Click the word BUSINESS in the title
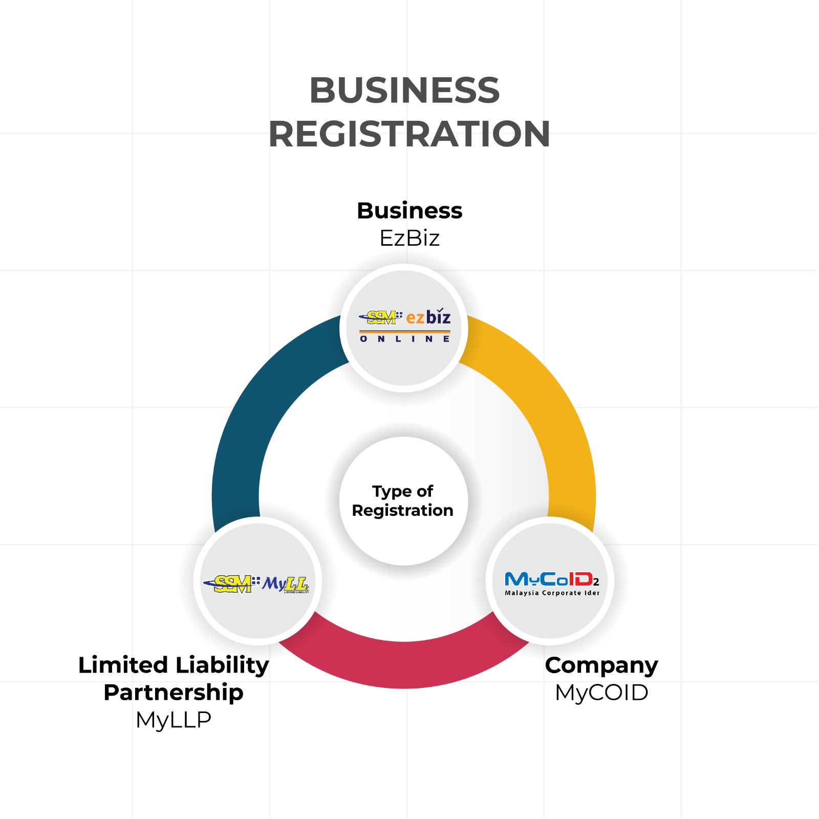click(404, 91)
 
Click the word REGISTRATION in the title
click(409, 134)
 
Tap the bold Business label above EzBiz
click(409, 211)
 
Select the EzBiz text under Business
click(409, 238)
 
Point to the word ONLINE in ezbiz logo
click(404, 339)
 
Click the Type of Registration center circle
click(403, 501)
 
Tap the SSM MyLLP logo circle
click(257, 581)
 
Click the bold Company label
click(601, 665)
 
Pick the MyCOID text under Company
click(601, 693)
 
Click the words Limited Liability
click(174, 665)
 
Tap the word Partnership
click(174, 693)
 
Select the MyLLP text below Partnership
click(174, 720)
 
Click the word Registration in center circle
click(403, 510)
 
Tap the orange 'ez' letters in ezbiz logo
click(415, 318)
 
